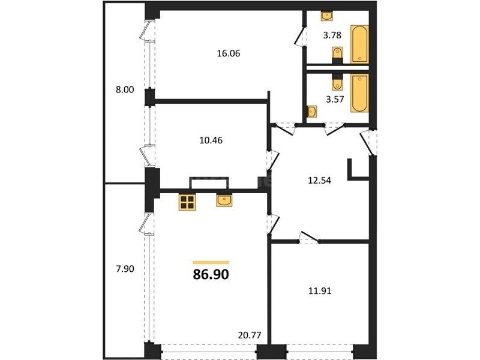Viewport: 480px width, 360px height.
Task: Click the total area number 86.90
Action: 211,275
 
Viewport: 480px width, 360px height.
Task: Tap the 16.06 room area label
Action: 229,53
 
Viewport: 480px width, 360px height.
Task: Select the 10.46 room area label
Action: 211,140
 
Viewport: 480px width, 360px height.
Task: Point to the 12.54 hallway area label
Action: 319,181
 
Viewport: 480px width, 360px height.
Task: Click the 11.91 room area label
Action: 320,291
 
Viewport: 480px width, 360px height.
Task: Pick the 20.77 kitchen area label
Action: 250,335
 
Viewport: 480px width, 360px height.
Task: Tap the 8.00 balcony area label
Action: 125,90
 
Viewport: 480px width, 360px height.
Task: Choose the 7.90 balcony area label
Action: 125,269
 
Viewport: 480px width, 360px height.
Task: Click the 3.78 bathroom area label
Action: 332,35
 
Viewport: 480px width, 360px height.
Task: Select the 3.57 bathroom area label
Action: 335,100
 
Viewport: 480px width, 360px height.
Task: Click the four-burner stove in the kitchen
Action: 187,202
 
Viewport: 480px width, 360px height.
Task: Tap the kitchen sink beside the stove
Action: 224,200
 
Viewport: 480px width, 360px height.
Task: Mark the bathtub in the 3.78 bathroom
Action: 359,44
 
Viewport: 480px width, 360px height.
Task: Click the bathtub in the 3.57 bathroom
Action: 359,94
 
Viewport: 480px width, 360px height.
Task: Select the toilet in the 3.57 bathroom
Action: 337,82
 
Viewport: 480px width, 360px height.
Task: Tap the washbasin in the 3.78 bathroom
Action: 327,16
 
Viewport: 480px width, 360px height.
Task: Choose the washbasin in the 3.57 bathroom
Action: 311,112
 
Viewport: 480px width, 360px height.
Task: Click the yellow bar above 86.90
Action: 211,262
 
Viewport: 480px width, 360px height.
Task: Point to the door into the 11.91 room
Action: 308,238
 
